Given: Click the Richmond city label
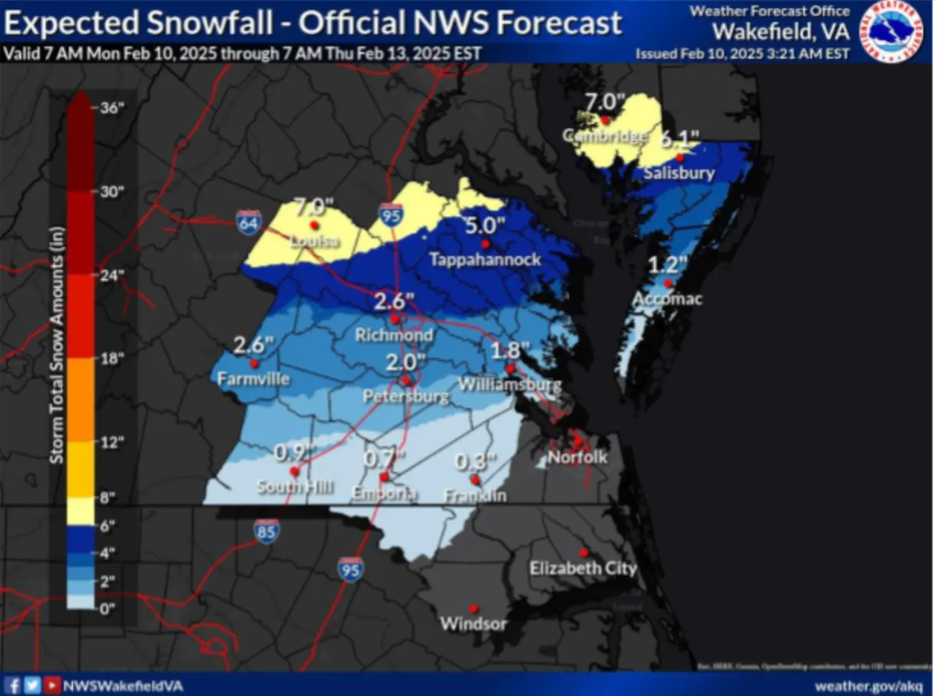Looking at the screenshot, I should [394, 335].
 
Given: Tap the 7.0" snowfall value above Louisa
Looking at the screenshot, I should [314, 206].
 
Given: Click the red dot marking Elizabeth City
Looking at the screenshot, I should [583, 552].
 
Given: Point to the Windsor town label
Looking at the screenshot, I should [473, 625].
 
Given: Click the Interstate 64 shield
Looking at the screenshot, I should [246, 221].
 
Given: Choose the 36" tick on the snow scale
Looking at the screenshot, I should [111, 108].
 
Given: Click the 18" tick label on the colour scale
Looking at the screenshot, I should [111, 359].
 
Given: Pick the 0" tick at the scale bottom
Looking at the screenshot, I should [108, 608].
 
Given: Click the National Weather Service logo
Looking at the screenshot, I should [891, 31].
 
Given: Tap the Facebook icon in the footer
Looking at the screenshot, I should [13, 685].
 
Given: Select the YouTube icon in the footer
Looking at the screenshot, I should [52, 685].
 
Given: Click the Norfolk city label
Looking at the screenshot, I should [577, 457].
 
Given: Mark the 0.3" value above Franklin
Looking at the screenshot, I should [475, 461].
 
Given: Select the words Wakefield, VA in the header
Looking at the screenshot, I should [780, 32].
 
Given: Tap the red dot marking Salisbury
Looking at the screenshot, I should [681, 157].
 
